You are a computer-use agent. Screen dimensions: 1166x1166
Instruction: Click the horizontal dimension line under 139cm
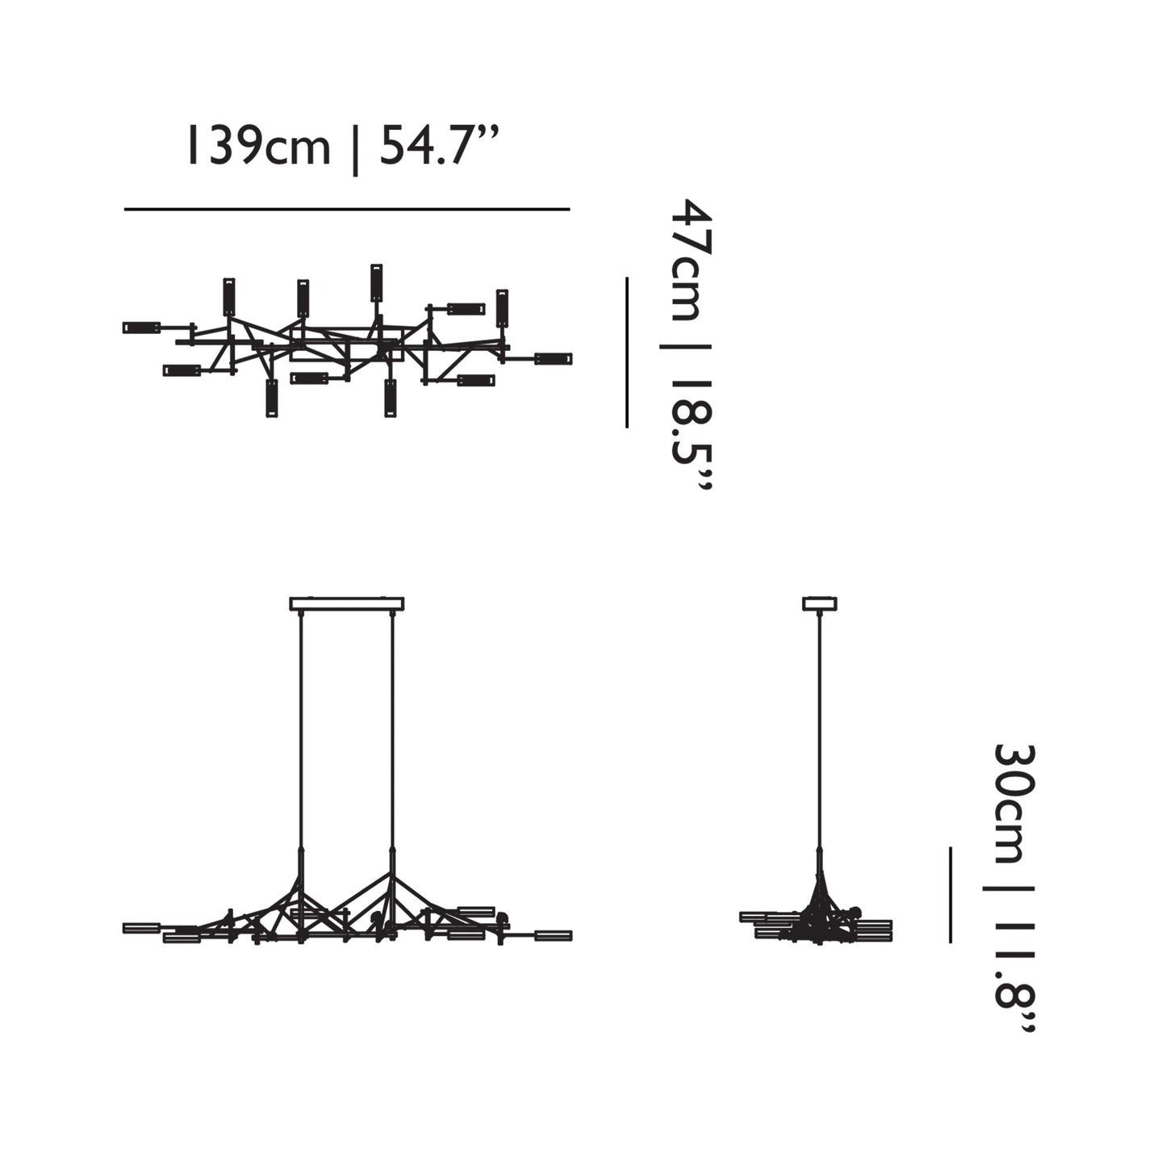[x=347, y=210]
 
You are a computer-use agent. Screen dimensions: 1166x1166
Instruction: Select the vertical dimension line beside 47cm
[x=627, y=352]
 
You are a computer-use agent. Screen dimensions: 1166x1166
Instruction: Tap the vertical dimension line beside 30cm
[x=951, y=894]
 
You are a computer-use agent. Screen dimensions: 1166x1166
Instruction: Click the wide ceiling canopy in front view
[x=347, y=604]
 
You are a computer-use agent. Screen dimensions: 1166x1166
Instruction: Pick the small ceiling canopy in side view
[x=820, y=604]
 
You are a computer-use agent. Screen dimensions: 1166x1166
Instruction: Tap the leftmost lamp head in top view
[x=141, y=328]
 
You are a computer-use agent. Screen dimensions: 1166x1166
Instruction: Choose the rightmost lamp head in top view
[x=554, y=358]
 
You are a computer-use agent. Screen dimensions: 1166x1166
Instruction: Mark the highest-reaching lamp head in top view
[x=376, y=282]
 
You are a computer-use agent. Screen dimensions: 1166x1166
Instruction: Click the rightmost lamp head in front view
[x=553, y=936]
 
